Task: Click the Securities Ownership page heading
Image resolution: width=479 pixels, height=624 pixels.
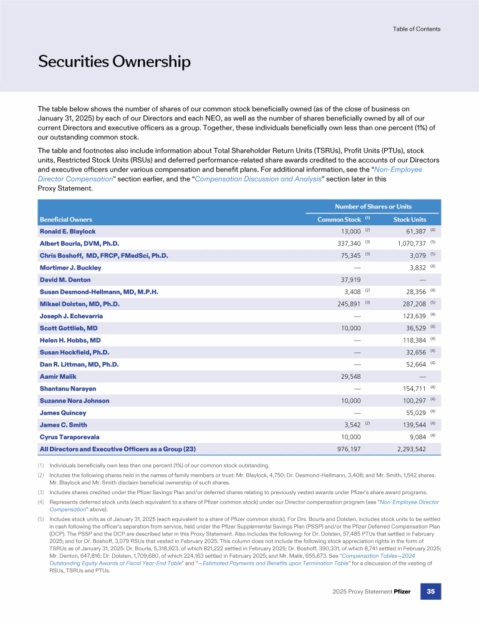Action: point(114,62)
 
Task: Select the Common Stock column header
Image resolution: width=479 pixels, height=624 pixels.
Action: point(339,220)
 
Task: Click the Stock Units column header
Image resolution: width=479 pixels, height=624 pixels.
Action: point(410,220)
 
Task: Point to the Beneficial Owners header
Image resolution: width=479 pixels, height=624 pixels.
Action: point(66,220)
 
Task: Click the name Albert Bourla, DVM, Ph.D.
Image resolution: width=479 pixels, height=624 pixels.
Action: point(80,243)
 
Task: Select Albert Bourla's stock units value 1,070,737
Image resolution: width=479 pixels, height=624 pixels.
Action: point(407,243)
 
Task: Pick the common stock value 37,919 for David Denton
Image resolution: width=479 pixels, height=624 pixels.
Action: point(348,280)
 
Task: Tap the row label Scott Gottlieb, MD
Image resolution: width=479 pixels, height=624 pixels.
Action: point(69,328)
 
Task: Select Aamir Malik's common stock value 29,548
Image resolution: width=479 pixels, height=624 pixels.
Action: point(348,376)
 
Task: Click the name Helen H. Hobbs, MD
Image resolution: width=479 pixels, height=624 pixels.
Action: point(70,340)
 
